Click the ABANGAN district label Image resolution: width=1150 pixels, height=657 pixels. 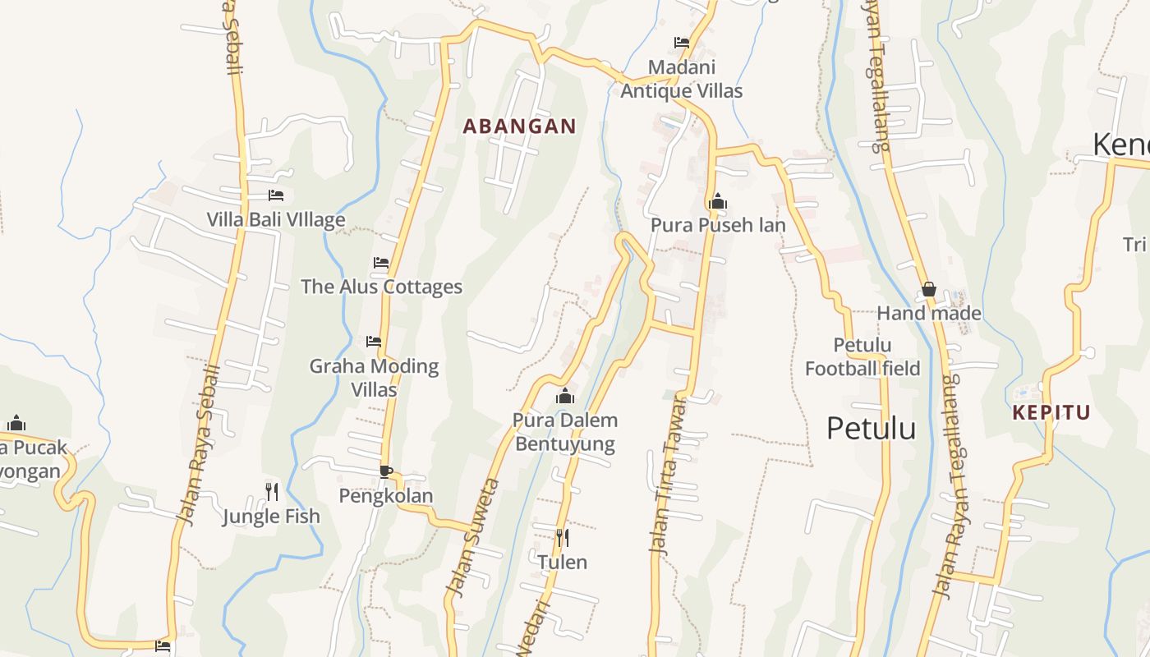(519, 126)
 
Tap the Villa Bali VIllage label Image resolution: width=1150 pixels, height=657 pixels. (275, 219)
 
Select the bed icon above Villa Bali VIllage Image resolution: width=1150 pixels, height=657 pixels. (276, 195)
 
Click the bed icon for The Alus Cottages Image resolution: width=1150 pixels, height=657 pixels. (381, 263)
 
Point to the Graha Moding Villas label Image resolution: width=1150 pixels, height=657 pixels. (374, 377)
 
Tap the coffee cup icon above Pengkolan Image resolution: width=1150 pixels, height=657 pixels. (385, 471)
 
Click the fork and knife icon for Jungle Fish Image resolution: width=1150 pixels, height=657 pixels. (272, 492)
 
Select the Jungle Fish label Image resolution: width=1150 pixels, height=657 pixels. (271, 517)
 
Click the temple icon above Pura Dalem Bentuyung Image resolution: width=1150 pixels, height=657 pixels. (564, 397)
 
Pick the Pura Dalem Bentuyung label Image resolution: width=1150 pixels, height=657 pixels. (564, 432)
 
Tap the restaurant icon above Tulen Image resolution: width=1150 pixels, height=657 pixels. (562, 538)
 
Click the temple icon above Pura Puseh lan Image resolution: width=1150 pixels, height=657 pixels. (718, 201)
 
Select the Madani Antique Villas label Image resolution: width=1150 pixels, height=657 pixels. (681, 79)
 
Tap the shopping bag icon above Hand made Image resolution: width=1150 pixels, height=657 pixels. (929, 289)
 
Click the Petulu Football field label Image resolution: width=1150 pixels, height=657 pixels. (862, 356)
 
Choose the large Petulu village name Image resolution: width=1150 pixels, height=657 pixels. (871, 428)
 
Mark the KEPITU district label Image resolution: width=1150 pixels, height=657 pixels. (1051, 412)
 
